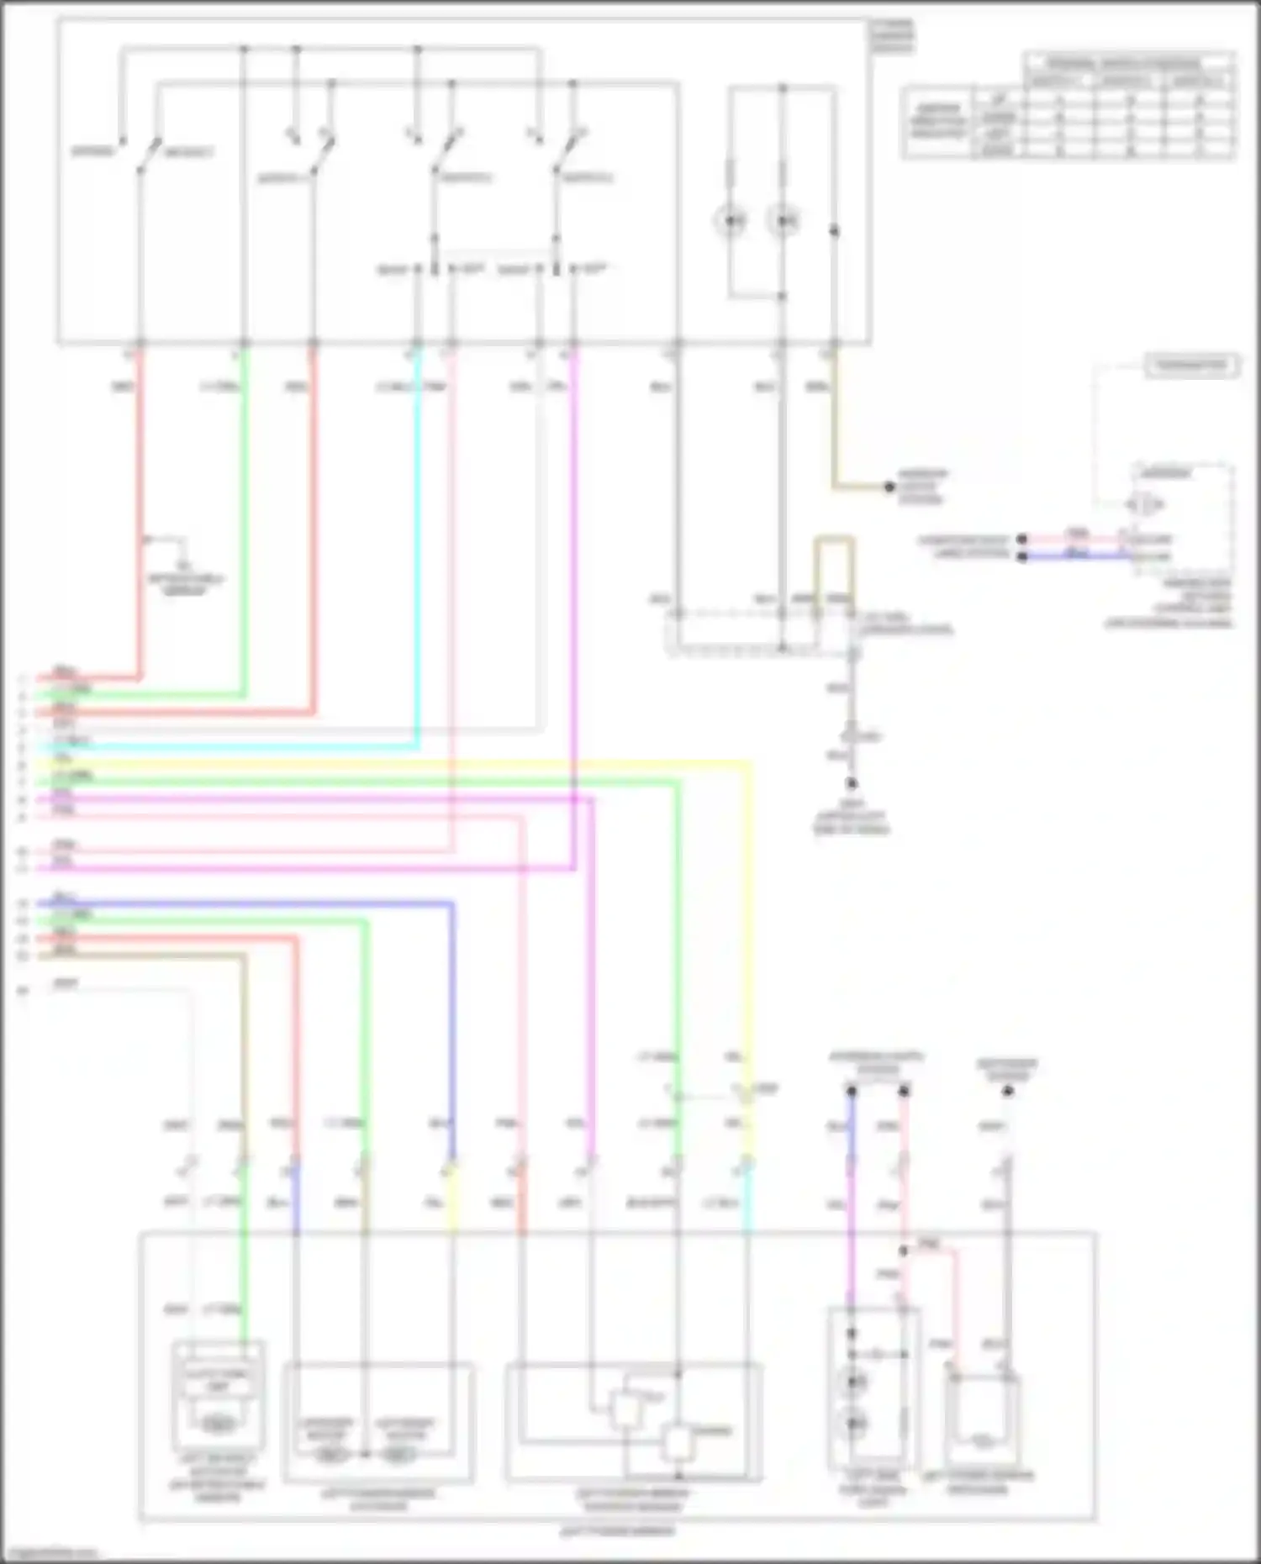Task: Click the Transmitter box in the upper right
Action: coord(1191,366)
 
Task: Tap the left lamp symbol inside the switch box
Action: coord(731,221)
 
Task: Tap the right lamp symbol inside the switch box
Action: coord(784,221)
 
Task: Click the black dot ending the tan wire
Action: coord(889,487)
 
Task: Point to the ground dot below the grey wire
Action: coord(851,783)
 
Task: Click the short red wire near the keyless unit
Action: coord(1076,539)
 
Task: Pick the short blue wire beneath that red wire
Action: coord(1076,556)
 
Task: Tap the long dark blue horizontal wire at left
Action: coord(252,904)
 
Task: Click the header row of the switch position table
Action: coord(1126,63)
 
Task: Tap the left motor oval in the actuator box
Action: coord(329,1454)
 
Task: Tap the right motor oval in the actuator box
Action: coord(400,1454)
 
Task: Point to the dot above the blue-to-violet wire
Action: coord(851,1091)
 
